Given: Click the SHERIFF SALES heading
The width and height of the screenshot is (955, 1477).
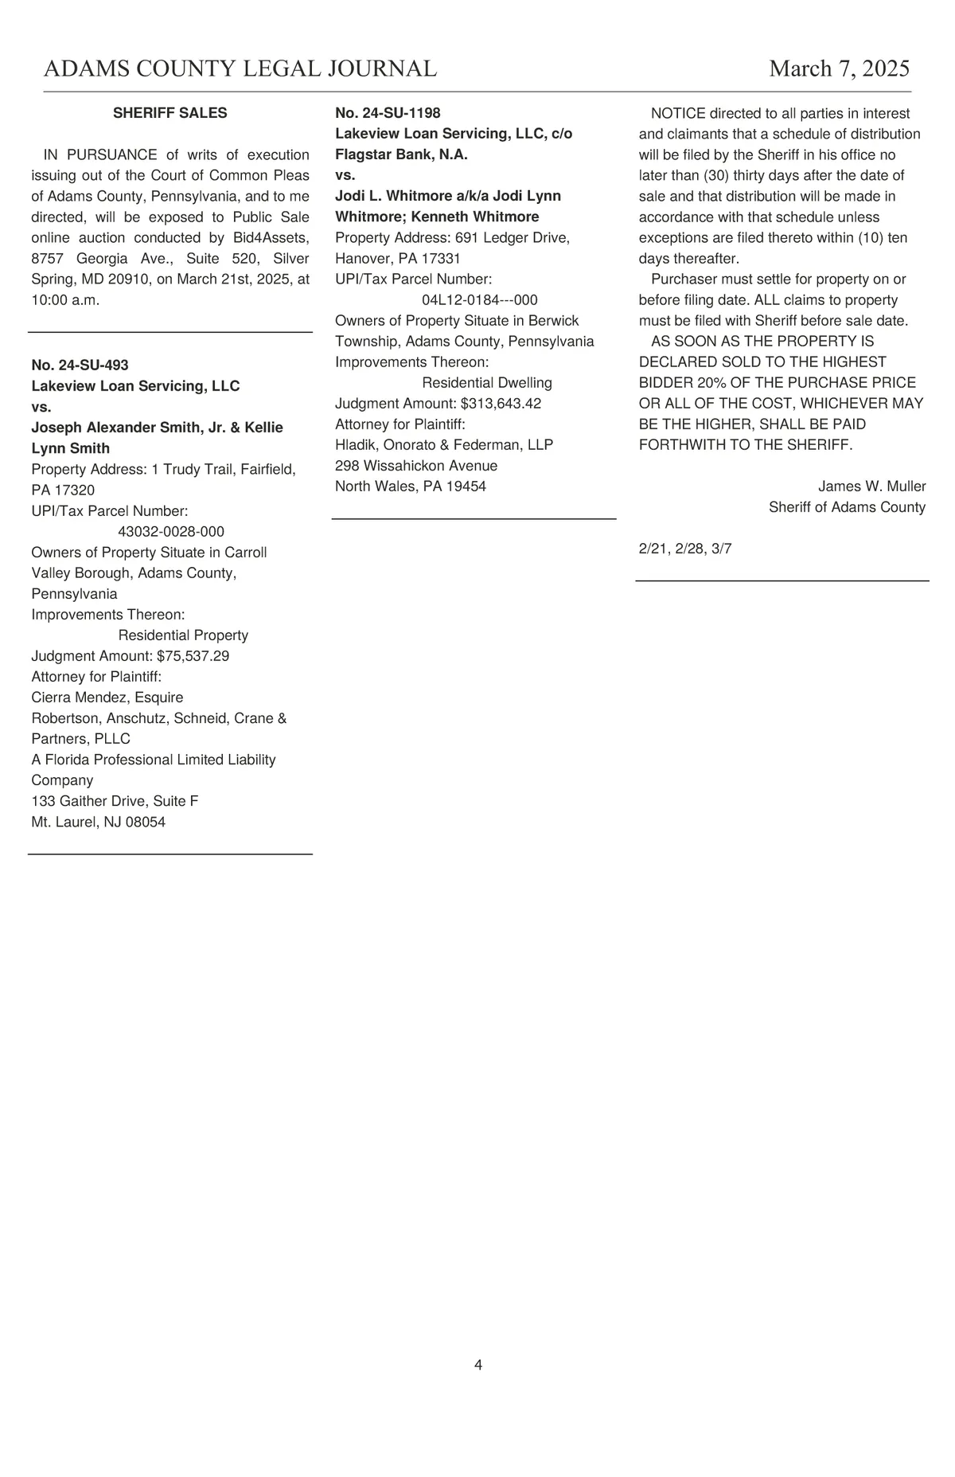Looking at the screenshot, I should coord(170,113).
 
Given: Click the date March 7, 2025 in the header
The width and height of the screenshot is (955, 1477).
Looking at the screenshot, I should coord(839,68).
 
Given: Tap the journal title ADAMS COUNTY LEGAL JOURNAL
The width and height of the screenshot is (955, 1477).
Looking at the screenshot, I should coord(240,68).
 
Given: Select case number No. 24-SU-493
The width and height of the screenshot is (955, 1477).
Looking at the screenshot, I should coord(80,365).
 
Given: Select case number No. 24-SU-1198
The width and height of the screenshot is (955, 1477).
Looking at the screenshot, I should coord(388,113).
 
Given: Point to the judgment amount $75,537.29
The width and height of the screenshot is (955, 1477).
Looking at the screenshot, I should coord(193,656).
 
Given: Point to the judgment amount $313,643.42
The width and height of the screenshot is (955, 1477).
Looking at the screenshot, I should coord(501,404).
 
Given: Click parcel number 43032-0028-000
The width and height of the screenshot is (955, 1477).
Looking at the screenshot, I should coord(171,531).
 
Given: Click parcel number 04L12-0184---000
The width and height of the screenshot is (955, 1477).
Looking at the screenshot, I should coord(479,300).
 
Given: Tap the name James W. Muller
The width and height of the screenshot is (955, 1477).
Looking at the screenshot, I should coord(871,486).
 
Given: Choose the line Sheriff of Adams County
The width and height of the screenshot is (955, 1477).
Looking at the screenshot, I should coord(847,507).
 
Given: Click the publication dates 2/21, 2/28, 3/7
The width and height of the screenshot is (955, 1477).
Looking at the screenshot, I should coord(684,549).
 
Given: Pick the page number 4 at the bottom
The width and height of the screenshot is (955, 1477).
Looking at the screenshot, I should coord(478,1365).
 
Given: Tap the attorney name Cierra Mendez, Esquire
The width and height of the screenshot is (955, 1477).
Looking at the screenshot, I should coord(107,697).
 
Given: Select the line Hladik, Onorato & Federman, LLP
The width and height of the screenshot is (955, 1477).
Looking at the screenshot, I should coord(444,445).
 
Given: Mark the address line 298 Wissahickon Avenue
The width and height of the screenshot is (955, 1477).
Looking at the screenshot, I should coord(416,466).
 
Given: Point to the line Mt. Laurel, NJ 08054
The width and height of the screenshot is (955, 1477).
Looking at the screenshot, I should coord(99,822).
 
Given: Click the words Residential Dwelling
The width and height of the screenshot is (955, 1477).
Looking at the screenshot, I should coord(486,383).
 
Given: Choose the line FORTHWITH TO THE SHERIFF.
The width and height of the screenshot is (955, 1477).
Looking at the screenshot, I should coord(745,445).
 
